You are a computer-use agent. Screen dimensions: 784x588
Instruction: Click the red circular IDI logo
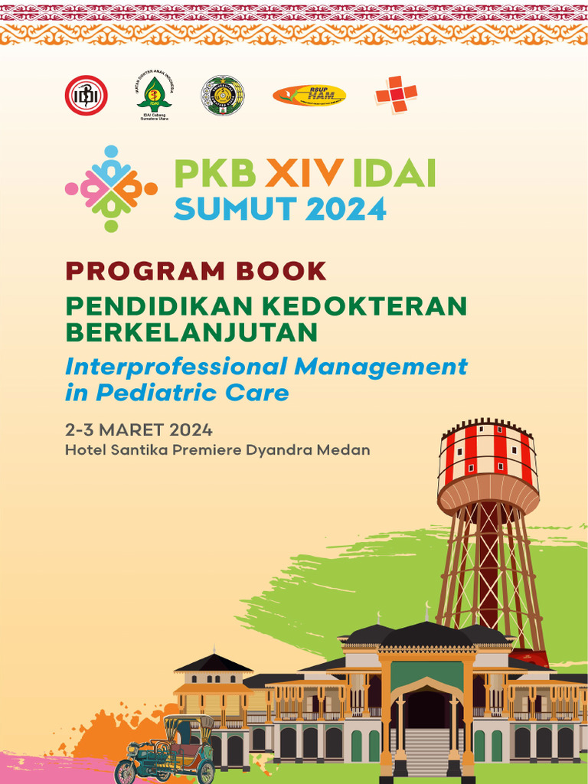pyautogui.click(x=86, y=96)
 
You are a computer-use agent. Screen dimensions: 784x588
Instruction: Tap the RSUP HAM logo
pyautogui.click(x=309, y=96)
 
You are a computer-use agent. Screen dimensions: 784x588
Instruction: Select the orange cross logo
pyautogui.click(x=396, y=95)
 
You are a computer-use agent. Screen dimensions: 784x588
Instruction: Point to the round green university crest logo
pyautogui.click(x=223, y=96)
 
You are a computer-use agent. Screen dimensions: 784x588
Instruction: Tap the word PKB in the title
pyautogui.click(x=215, y=175)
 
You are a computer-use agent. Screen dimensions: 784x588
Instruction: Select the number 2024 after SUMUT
pyautogui.click(x=345, y=208)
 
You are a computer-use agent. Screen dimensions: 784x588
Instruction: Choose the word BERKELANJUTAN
pyautogui.click(x=191, y=332)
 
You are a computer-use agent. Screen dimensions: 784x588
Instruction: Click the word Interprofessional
pyautogui.click(x=175, y=367)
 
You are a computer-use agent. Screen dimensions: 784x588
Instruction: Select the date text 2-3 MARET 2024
pyautogui.click(x=139, y=430)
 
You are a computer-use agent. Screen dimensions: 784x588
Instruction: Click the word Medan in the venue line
pyautogui.click(x=348, y=449)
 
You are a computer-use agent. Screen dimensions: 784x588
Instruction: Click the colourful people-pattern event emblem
pyautogui.click(x=112, y=188)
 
